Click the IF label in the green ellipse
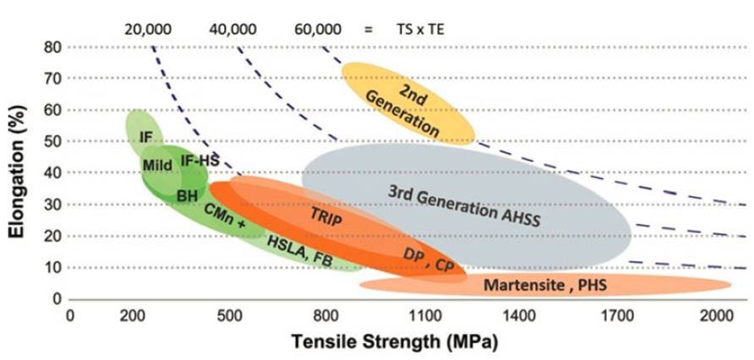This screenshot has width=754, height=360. pyautogui.click(x=146, y=135)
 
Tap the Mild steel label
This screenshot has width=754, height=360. pyautogui.click(x=157, y=164)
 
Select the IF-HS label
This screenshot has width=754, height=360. pyautogui.click(x=198, y=159)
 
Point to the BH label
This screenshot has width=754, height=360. pyautogui.click(x=187, y=195)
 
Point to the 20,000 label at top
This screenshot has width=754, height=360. pyautogui.click(x=148, y=30)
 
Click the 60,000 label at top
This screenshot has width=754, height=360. pyautogui.click(x=319, y=30)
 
